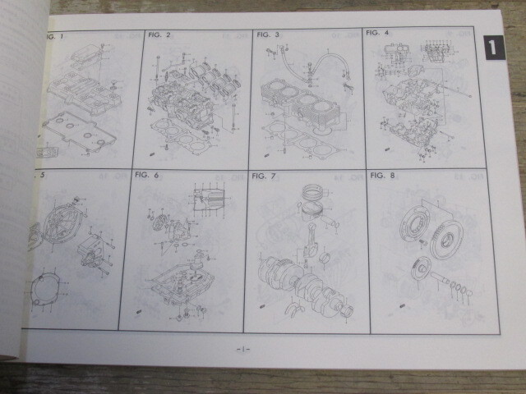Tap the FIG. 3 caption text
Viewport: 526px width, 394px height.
tap(268, 34)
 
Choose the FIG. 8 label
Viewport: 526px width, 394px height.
tap(383, 175)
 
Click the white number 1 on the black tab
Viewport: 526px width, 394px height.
tap(491, 48)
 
